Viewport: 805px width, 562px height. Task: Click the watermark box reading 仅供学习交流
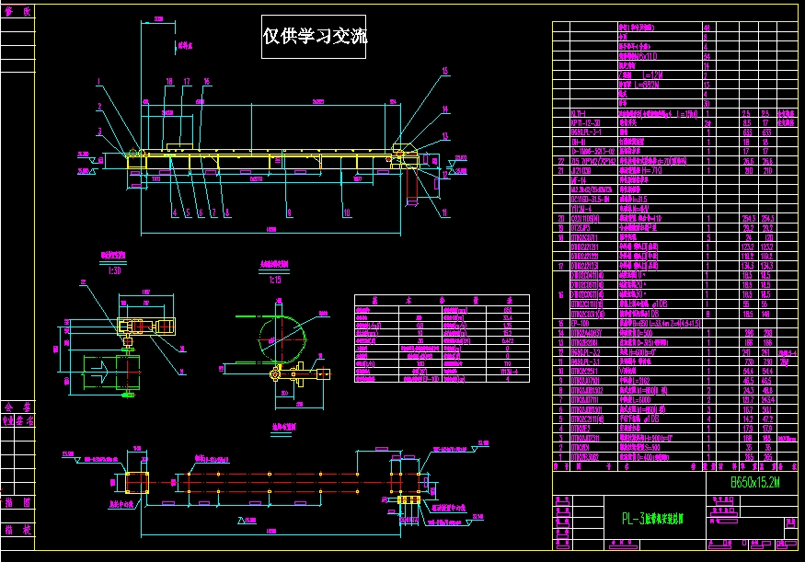click(315, 38)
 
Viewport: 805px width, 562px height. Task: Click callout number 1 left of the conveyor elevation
click(97, 83)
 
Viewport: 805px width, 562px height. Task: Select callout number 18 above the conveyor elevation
click(169, 82)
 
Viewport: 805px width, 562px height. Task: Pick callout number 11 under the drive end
click(444, 213)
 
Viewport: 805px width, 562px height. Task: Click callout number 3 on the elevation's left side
click(97, 132)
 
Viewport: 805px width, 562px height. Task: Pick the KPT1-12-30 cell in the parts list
click(586, 121)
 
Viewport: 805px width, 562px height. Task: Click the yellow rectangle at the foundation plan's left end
click(138, 481)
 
